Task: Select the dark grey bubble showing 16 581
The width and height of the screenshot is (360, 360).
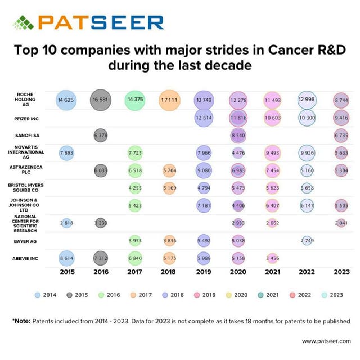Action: click(x=101, y=100)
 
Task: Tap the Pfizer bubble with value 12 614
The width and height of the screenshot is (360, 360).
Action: click(x=204, y=118)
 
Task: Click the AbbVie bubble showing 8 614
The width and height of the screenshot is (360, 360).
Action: click(x=66, y=258)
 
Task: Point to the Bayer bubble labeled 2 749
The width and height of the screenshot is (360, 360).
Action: click(x=307, y=240)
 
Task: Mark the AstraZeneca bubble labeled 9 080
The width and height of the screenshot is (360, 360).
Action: click(x=204, y=170)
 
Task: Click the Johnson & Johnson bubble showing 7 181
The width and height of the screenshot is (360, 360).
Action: click(x=204, y=206)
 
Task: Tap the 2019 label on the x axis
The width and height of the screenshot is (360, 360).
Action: click(x=204, y=272)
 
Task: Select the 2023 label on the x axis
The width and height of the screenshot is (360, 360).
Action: click(x=341, y=272)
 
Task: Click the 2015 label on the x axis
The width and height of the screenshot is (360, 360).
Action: click(x=66, y=272)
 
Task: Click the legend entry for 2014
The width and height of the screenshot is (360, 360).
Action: click(x=46, y=295)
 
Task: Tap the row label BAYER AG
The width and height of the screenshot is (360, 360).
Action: click(x=25, y=241)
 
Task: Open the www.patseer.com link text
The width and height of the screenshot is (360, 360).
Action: click(x=326, y=341)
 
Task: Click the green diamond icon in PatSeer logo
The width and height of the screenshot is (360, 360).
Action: click(x=23, y=22)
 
